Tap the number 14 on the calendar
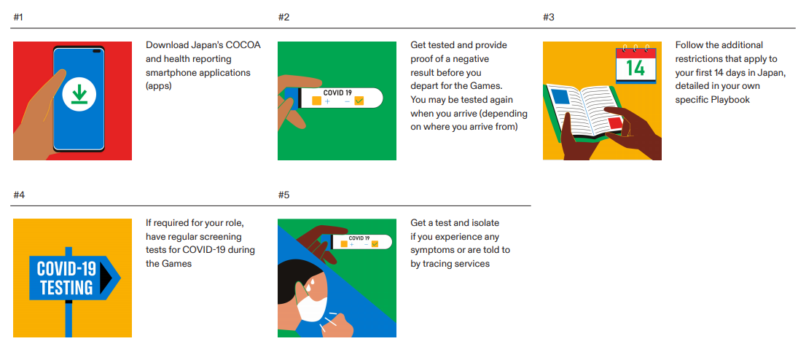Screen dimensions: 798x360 (x=635, y=68)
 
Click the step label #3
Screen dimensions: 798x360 (x=548, y=17)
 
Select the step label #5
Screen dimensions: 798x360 (x=284, y=195)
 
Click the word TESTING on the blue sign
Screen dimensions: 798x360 (x=66, y=288)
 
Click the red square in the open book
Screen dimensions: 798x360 (x=615, y=123)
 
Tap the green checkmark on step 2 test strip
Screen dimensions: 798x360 (x=359, y=101)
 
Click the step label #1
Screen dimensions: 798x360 (x=18, y=17)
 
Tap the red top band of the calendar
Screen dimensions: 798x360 (x=636, y=52)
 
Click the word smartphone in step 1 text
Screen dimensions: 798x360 (x=170, y=72)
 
